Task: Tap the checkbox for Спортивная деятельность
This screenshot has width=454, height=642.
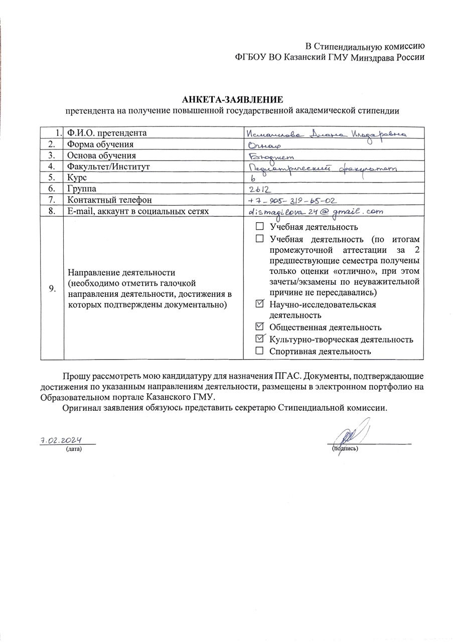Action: click(259, 351)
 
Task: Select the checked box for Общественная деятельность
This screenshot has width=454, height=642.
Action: click(259, 327)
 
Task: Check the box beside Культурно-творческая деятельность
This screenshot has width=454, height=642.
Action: click(259, 339)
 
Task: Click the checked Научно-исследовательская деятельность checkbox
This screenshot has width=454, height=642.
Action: click(259, 304)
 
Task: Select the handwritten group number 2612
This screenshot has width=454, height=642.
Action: click(260, 189)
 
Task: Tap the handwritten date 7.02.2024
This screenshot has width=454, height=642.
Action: click(61, 440)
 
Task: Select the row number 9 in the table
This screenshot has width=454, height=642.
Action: click(52, 288)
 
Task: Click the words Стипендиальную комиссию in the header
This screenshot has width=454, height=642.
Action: click(377, 46)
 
